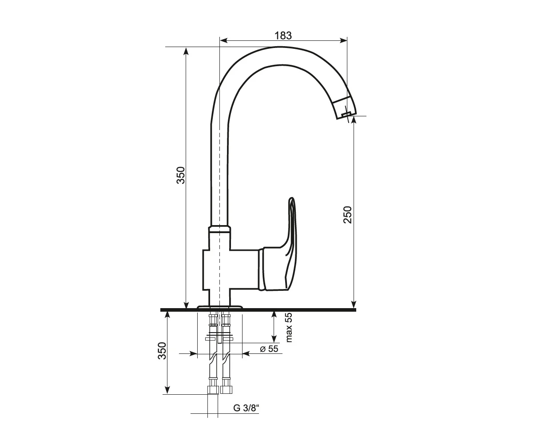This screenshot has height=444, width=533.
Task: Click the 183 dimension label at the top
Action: click(x=283, y=36)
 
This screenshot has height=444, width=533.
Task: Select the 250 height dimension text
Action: click(x=347, y=215)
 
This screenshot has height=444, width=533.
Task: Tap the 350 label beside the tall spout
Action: click(x=181, y=175)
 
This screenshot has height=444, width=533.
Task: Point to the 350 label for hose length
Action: click(x=162, y=351)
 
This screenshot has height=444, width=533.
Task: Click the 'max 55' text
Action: click(x=289, y=328)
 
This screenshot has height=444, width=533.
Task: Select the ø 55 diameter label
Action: click(x=269, y=349)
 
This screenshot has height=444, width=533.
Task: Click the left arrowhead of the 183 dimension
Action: click(x=223, y=40)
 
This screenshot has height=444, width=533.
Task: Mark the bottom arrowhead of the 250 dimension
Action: click(x=354, y=305)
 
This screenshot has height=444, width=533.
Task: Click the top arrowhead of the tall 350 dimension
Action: click(x=186, y=51)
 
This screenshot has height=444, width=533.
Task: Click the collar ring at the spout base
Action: click(x=220, y=229)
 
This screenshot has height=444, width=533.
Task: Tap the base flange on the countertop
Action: click(x=219, y=307)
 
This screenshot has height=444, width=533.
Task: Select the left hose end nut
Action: click(x=213, y=390)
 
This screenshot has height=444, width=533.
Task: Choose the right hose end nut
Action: click(x=227, y=390)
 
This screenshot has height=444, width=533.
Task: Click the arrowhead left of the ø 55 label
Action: click(x=194, y=354)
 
